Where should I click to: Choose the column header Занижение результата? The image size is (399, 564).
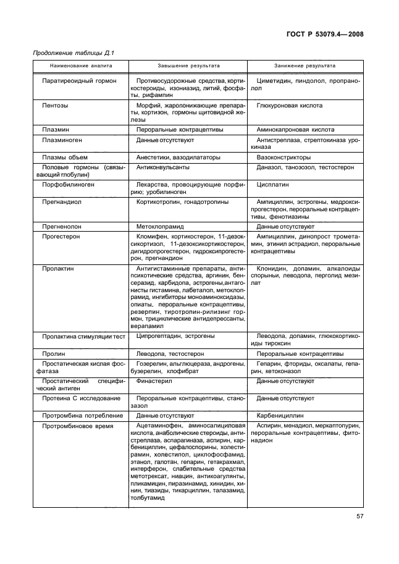coord(305,65)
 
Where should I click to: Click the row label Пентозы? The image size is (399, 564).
coord(55,106)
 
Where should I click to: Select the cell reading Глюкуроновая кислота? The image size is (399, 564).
coord(289,106)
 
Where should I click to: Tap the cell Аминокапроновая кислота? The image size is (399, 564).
coord(295,130)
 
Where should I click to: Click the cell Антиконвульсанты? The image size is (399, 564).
coord(163,167)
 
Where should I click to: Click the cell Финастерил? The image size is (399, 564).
coord(155,381)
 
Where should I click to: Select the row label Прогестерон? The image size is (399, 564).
coord(61,237)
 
